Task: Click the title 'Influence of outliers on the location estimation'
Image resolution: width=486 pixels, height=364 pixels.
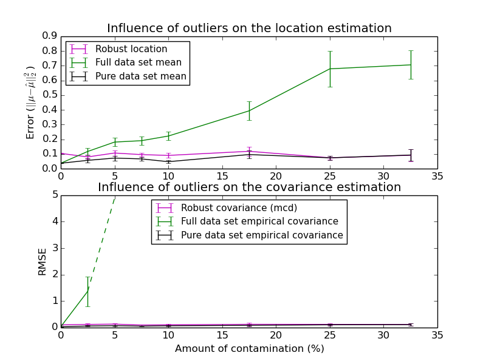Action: click(249, 29)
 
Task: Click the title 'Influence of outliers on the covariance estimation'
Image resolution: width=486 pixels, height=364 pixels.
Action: click(249, 187)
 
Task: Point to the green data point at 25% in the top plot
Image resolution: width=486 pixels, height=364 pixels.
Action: click(330, 69)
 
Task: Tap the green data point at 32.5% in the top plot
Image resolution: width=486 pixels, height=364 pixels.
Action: click(411, 65)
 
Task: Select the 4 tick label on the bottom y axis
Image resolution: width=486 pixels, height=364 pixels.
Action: click(54, 221)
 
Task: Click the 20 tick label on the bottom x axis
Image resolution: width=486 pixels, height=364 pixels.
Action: click(276, 335)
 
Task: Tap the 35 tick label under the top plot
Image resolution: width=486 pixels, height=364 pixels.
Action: click(437, 176)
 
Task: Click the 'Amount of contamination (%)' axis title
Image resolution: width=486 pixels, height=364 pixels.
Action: click(249, 349)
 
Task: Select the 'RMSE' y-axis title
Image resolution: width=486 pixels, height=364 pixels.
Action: click(43, 261)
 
